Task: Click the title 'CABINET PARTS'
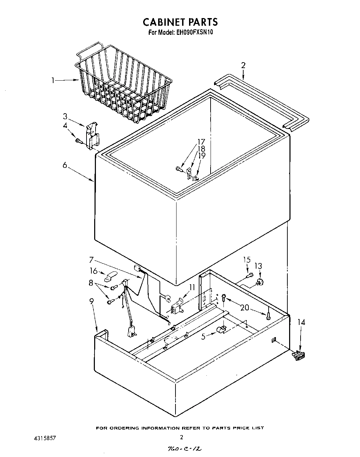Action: click(180, 22)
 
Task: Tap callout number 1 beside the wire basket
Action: click(53, 80)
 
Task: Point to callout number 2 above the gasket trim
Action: click(243, 65)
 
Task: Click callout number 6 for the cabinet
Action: click(65, 165)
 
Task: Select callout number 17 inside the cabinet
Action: click(201, 141)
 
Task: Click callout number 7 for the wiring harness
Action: click(91, 259)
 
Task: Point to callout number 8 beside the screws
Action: click(91, 283)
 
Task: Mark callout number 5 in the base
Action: click(204, 336)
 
